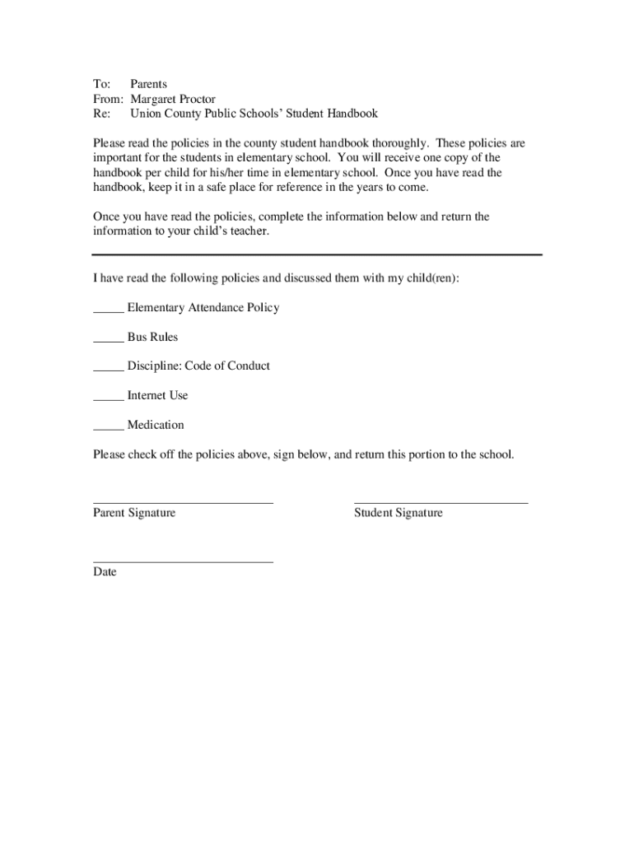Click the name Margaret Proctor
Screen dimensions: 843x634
pyautogui.click(x=173, y=99)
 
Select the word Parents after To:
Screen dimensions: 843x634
pyautogui.click(x=148, y=84)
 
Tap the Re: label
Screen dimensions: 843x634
pyautogui.click(x=101, y=114)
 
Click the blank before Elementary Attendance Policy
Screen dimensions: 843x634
pyautogui.click(x=108, y=312)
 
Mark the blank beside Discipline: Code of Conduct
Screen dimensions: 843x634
pyautogui.click(x=108, y=370)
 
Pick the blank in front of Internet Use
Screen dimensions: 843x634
pyautogui.click(x=108, y=400)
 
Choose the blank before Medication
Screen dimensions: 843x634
pyautogui.click(x=108, y=430)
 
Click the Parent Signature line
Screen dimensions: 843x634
pyautogui.click(x=183, y=501)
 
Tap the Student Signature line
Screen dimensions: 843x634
pyautogui.click(x=441, y=501)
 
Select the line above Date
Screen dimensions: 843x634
pyautogui.click(x=183, y=561)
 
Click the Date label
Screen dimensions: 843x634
pyautogui.click(x=105, y=572)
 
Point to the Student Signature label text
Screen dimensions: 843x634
pyautogui.click(x=398, y=513)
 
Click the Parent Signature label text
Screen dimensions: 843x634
pyautogui.click(x=134, y=513)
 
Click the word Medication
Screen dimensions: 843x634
pyautogui.click(x=156, y=425)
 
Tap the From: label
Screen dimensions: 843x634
pyautogui.click(x=105, y=99)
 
